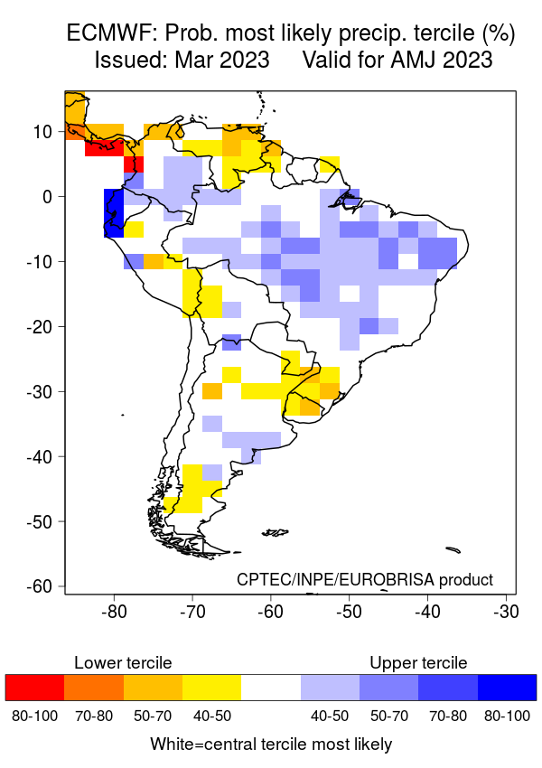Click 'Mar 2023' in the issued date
224,61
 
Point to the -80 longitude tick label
113,611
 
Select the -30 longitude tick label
506,611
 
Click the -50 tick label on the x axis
349,611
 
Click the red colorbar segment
34,688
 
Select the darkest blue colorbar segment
507,688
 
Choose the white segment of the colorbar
271,688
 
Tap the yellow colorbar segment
211,688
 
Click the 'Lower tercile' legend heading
123,663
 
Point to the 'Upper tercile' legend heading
418,663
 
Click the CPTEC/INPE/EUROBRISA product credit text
365,579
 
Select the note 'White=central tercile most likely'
271,745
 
